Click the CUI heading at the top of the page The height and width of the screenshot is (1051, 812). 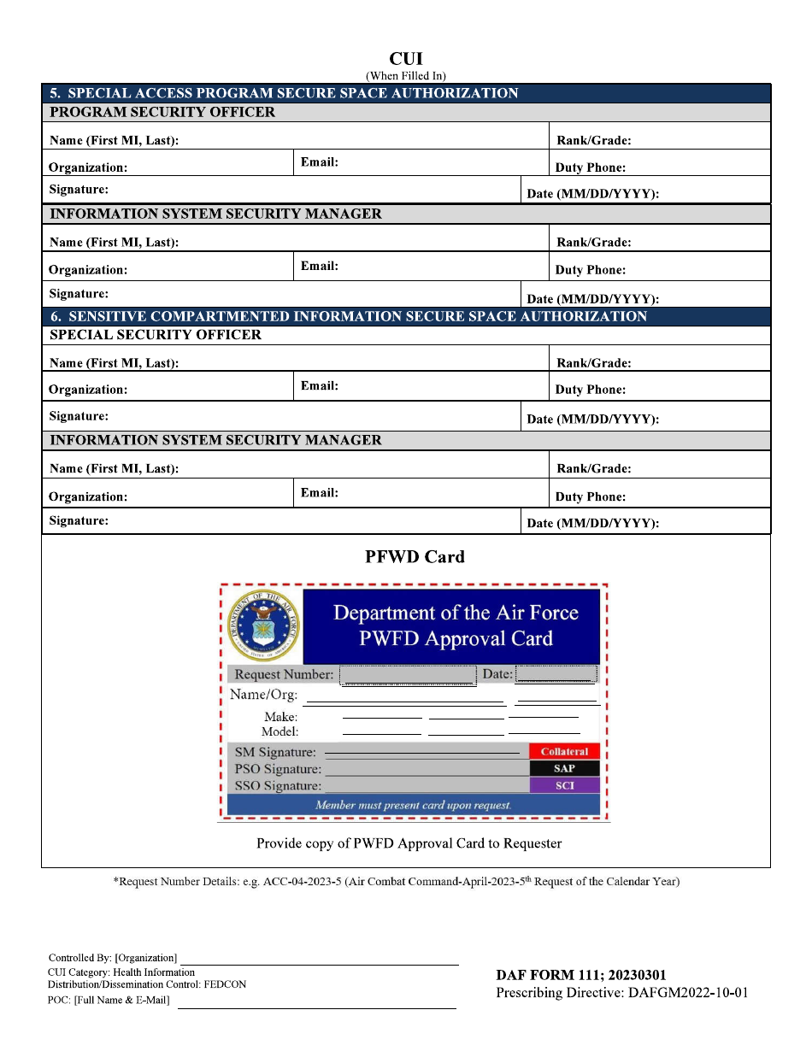406,59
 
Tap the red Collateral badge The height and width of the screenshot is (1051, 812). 564,752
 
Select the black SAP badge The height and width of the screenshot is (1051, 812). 564,769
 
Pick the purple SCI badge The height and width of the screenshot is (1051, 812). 564,785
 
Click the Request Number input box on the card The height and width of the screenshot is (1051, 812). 408,675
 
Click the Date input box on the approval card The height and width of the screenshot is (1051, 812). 556,674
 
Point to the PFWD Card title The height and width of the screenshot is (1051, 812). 415,557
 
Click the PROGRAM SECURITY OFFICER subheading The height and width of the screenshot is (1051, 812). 162,113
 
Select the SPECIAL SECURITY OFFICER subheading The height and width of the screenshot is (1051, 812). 156,335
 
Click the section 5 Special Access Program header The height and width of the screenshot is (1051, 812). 284,93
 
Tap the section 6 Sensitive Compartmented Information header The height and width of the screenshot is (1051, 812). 349,316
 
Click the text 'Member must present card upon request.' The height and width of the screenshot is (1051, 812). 414,805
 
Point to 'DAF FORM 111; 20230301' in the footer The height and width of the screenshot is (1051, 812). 581,975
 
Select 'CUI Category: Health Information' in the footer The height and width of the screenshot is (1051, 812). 121,972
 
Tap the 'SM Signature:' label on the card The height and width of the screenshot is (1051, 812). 275,753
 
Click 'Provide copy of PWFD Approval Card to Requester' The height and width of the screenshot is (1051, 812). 409,843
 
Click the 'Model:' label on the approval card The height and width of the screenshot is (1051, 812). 279,732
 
